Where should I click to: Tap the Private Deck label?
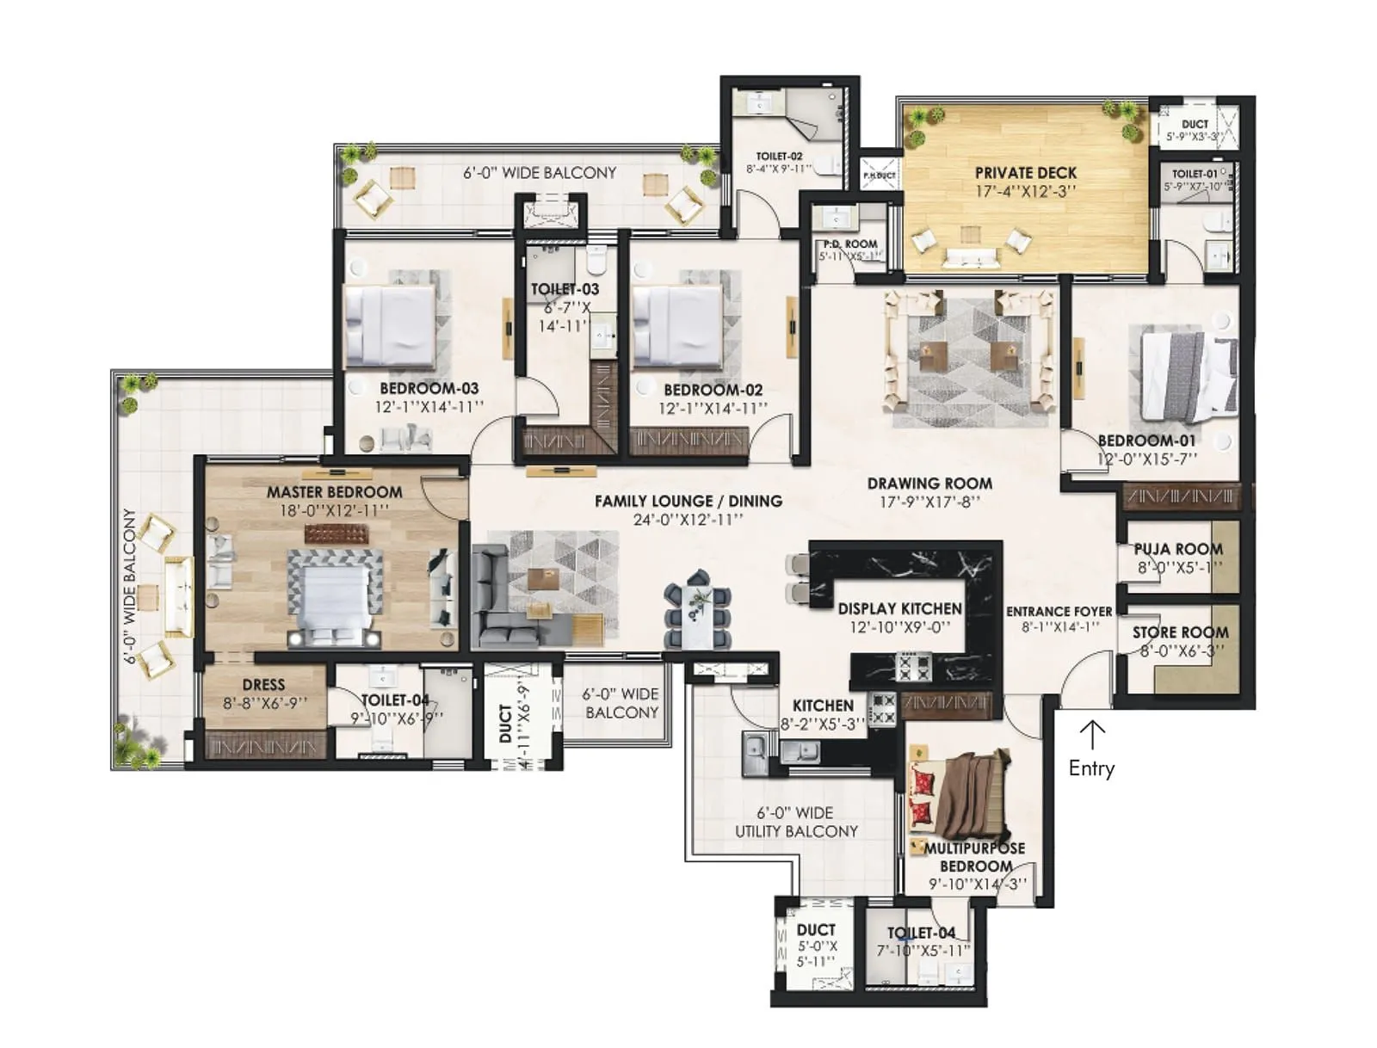pos(1025,173)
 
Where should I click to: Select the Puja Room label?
pos(1177,549)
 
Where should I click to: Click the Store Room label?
pos(1180,632)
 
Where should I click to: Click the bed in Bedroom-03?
pos(389,326)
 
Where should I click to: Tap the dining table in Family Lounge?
pos(698,614)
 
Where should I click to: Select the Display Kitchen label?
pos(899,608)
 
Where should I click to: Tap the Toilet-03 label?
pos(565,289)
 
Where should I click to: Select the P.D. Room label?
pos(850,244)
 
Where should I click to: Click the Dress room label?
pos(263,685)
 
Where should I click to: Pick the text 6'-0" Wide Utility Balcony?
pos(796,822)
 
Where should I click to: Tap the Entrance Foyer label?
pos(1059,611)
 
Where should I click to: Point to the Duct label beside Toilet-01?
pos(1195,124)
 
